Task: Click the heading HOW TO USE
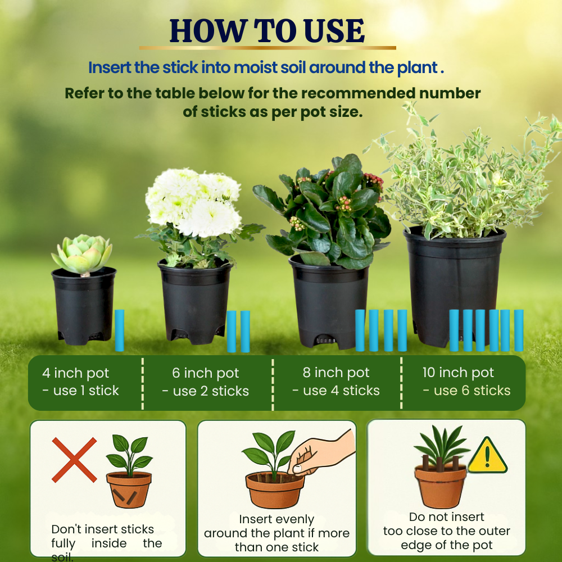[267, 30]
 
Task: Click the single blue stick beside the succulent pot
[119, 330]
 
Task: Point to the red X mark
[74, 460]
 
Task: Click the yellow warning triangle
[487, 456]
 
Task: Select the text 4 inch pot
[76, 373]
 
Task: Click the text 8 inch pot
[336, 373]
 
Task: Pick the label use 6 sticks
[466, 391]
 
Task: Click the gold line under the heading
[268, 48]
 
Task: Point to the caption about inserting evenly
[277, 533]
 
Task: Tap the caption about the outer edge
[447, 531]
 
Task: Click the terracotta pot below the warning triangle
[441, 486]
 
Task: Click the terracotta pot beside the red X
[129, 490]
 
